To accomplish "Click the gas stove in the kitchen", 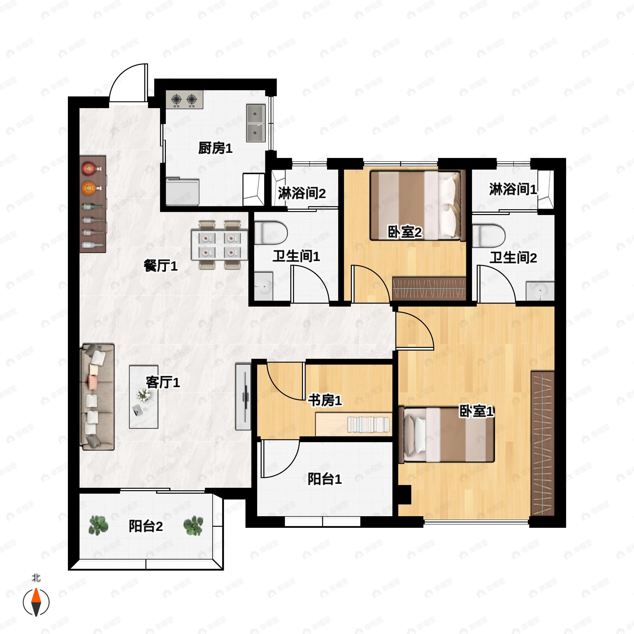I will (x=184, y=99).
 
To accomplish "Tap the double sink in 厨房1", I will (x=256, y=123).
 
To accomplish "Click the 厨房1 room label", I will (x=215, y=148).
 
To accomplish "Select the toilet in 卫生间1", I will (x=270, y=233).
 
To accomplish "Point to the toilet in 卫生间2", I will (x=488, y=235).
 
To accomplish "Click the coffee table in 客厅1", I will (x=143, y=397).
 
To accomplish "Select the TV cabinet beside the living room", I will (x=243, y=397).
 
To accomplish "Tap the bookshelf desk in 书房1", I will (x=353, y=424).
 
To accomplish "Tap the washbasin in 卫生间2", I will (x=540, y=290).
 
